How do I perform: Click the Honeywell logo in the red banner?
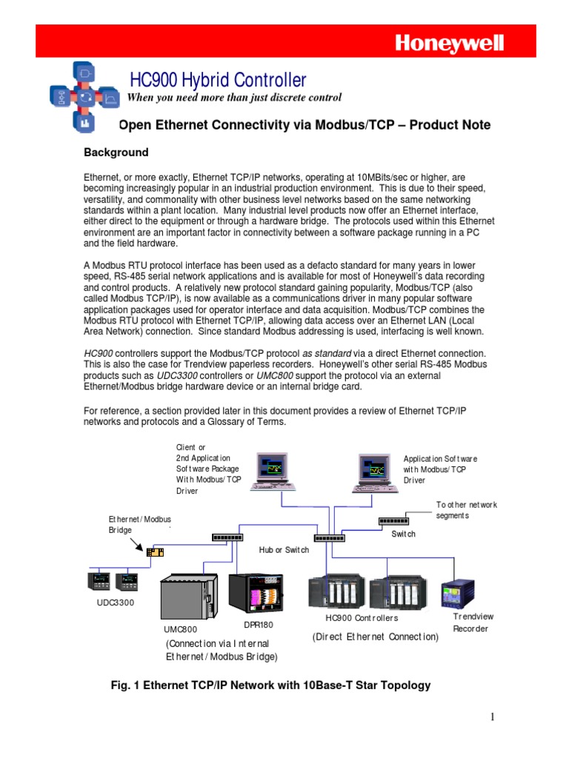coord(449,44)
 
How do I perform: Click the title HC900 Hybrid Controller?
coord(218,80)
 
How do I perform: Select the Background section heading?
coord(116,152)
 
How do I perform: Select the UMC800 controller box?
coord(189,598)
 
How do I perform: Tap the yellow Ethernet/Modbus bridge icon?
coord(155,551)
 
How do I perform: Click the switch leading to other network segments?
coord(393,520)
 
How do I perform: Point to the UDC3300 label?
coord(116,603)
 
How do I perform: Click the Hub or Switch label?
coord(284,550)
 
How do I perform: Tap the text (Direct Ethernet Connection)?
coord(375,636)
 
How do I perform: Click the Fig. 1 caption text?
coord(270,685)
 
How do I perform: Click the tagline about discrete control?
coord(235,98)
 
